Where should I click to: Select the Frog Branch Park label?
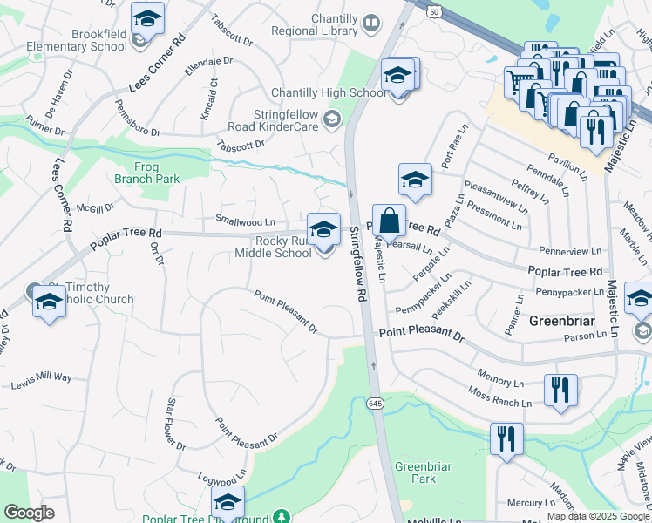point(146,172)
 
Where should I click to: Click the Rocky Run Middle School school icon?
point(323,229)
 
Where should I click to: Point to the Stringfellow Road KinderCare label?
point(274,119)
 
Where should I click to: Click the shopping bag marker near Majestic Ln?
point(389,221)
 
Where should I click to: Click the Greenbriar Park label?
point(423,472)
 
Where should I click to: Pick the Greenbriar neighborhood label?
point(562,321)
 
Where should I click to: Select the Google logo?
point(29,513)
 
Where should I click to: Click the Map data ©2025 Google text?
point(596,516)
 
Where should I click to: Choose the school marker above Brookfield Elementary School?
point(146,18)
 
